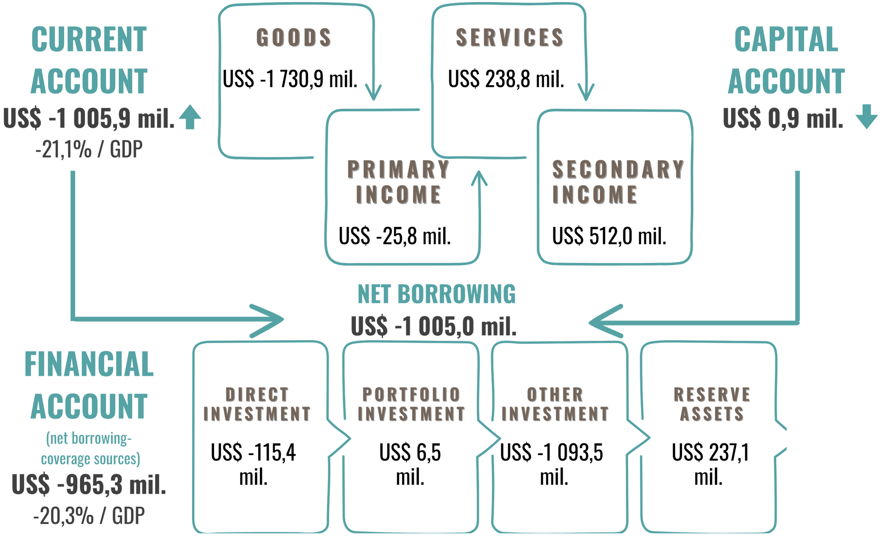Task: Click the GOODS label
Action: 293,37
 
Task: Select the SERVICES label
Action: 509,37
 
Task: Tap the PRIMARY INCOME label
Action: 398,181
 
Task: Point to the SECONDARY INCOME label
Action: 617,181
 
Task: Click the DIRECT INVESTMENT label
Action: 257,404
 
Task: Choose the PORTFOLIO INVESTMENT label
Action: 411,404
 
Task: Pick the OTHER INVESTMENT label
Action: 554,404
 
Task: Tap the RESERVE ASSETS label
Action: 711,404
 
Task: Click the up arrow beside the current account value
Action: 190,117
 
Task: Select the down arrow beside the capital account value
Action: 866,117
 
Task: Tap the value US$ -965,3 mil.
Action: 89,484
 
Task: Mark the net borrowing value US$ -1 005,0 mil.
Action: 433,326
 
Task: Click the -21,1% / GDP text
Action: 89,149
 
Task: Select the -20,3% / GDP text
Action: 89,516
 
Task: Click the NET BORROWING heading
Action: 436,294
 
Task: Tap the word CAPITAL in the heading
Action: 786,40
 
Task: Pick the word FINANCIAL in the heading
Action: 89,364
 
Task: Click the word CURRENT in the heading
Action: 89,40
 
